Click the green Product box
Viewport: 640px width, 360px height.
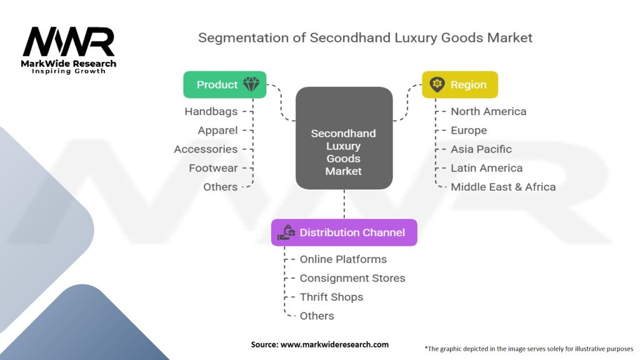click(x=224, y=85)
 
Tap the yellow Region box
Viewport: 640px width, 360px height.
click(x=459, y=85)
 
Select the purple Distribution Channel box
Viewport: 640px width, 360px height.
click(x=343, y=232)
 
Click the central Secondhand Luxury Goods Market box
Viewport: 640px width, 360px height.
click(x=344, y=152)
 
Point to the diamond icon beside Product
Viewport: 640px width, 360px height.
click(x=251, y=85)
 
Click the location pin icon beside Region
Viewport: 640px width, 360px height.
click(x=437, y=85)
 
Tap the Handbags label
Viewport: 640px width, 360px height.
click(x=211, y=111)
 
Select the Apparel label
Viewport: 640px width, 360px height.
click(x=217, y=130)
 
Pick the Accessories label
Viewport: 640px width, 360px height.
click(x=206, y=149)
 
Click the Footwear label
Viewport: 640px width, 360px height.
click(x=213, y=167)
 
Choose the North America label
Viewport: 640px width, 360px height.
click(x=488, y=111)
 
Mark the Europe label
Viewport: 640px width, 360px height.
click(x=469, y=130)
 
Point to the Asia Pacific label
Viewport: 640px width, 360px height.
click(x=481, y=149)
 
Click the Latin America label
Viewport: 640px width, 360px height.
click(x=486, y=167)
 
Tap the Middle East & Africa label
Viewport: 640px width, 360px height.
click(x=503, y=186)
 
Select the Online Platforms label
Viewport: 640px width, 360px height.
click(x=343, y=259)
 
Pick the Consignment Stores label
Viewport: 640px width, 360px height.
click(x=352, y=278)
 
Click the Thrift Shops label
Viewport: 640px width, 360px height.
click(x=331, y=297)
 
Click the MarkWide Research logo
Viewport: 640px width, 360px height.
click(x=69, y=50)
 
